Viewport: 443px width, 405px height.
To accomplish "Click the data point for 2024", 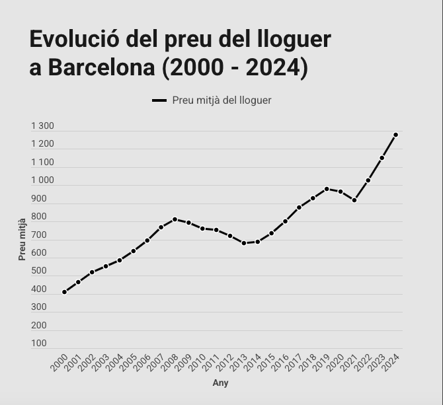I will coord(396,135).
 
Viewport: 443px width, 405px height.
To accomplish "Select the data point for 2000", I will coord(64,292).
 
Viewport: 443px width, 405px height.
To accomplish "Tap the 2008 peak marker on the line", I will coord(175,219).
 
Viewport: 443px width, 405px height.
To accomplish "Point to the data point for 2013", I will coord(244,243).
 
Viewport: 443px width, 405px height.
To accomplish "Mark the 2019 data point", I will coord(327,189).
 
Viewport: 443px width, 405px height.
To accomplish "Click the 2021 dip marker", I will coord(354,200).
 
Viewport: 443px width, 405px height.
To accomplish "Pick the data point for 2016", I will coord(285,221).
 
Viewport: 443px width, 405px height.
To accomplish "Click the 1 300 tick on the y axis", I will coord(42,126).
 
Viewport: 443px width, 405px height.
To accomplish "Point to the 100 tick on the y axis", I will coord(39,344).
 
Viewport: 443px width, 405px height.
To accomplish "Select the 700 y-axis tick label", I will coord(39,235).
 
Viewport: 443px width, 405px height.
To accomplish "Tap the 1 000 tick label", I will coord(42,180).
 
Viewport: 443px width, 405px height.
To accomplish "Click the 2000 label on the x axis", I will coord(60,362).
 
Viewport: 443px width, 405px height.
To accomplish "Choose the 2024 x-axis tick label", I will coord(391,362).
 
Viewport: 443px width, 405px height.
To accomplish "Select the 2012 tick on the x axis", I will coord(225,362).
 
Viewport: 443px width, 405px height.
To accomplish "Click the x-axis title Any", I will coord(220,383).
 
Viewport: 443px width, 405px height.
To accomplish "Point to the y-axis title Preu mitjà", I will coord(22,239).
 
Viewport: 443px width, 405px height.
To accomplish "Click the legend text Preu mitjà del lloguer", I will coord(221,100).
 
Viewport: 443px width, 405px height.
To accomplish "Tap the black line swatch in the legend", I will coord(159,100).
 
